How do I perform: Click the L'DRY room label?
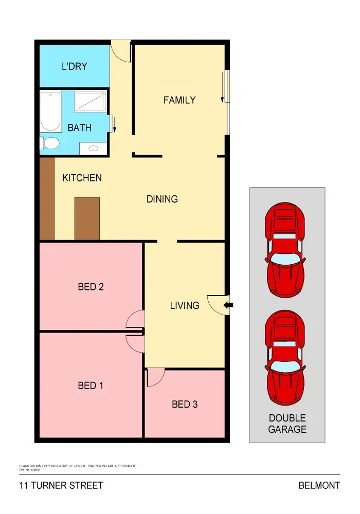75,66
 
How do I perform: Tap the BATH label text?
80,127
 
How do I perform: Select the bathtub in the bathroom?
51,111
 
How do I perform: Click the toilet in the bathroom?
49,142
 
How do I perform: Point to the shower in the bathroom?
91,101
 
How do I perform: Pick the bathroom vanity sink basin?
94,149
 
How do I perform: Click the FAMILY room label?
179,100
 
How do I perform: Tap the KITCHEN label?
82,178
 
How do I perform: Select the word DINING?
162,199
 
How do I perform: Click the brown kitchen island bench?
87,218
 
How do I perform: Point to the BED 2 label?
91,287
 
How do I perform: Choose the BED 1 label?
91,385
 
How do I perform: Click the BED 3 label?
185,405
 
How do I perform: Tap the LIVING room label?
185,305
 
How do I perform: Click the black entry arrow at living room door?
228,306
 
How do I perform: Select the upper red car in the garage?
285,249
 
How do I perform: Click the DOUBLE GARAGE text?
287,424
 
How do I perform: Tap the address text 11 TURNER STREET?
61,486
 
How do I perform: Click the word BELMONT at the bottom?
319,486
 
